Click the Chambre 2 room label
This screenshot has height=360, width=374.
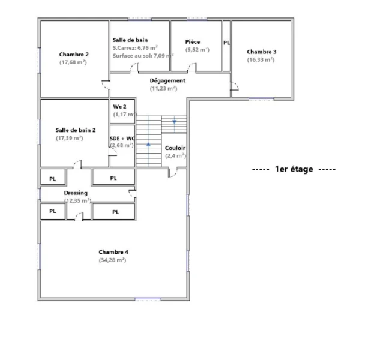(74, 55)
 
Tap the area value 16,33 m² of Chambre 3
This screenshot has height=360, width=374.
(261, 59)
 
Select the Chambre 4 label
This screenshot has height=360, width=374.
(113, 252)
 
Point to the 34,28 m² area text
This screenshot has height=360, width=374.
(112, 260)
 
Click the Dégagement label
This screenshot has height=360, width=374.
(167, 80)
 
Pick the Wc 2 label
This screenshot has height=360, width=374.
(119, 107)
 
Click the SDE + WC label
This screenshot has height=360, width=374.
(122, 139)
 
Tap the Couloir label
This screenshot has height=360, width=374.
(175, 148)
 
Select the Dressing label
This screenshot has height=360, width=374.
(76, 193)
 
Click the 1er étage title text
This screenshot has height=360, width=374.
(294, 169)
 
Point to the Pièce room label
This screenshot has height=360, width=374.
(193, 42)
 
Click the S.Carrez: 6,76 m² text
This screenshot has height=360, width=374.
(135, 47)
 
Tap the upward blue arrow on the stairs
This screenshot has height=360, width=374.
(149, 144)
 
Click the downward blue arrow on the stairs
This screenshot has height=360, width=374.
(174, 122)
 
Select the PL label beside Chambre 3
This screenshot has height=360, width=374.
(226, 43)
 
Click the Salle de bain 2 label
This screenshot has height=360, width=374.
(76, 130)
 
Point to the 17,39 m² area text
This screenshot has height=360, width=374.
(70, 138)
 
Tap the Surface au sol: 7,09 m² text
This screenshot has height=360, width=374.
(143, 56)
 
